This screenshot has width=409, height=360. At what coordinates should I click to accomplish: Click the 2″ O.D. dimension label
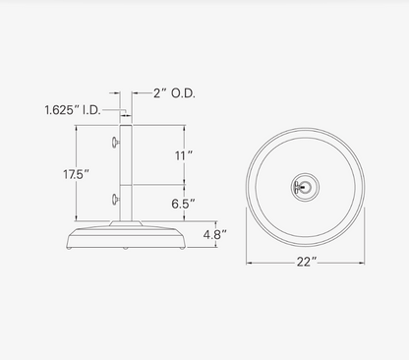point(174,93)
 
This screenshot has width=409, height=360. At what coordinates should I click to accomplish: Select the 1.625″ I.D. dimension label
point(73,110)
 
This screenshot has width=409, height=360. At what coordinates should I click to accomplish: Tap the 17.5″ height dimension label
point(76,174)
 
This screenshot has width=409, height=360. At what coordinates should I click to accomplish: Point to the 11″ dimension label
point(184,155)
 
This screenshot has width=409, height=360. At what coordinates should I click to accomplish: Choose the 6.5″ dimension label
point(183,204)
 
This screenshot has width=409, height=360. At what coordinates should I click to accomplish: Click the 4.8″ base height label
point(215,234)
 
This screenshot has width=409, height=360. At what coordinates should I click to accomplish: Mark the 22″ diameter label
point(307,262)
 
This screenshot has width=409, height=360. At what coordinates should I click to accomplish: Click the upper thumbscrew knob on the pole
point(115,143)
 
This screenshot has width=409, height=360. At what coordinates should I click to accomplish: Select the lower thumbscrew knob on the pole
point(115,199)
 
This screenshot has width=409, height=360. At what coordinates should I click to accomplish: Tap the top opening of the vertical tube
point(126,125)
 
